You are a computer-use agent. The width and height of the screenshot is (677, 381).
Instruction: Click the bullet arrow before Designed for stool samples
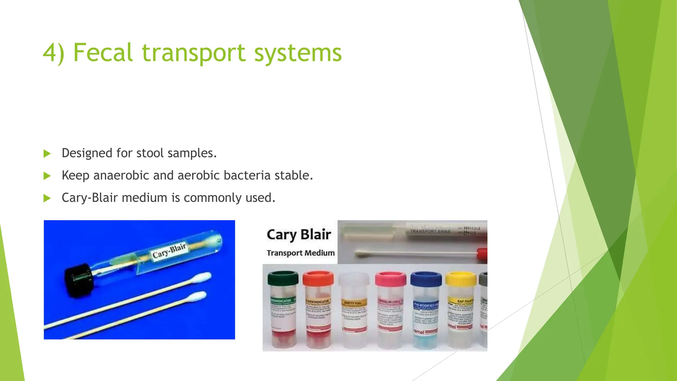(x=47, y=153)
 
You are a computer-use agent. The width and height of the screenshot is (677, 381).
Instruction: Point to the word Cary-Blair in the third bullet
(x=90, y=198)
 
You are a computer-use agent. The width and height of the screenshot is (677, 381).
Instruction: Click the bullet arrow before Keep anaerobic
(x=47, y=176)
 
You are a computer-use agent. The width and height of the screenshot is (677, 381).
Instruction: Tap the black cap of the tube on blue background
(x=79, y=280)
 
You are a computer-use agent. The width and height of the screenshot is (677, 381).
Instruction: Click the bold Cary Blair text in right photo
(x=299, y=234)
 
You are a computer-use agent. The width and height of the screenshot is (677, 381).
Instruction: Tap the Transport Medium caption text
(x=300, y=253)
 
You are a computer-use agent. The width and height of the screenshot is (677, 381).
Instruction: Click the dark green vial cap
(x=283, y=278)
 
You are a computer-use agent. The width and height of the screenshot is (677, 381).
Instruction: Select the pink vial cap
(x=390, y=279)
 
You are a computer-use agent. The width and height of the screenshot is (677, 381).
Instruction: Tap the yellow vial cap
(x=460, y=279)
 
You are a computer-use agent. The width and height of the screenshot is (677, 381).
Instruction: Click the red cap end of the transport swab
(x=482, y=254)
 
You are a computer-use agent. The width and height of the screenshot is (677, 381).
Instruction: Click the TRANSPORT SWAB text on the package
(x=430, y=231)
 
